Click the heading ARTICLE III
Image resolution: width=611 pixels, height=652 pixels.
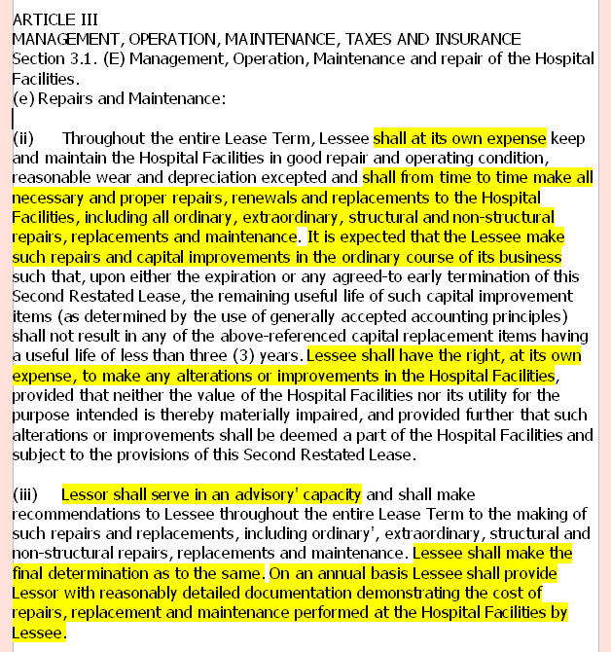pos(54,18)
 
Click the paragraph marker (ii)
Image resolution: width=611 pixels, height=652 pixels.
pos(23,138)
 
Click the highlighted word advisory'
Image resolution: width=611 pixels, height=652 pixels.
pos(239,494)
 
